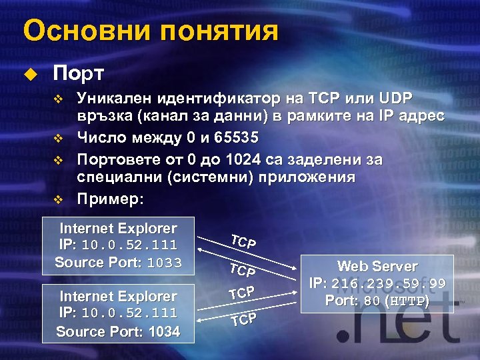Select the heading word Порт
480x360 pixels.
click(x=77, y=72)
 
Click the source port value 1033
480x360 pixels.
click(x=164, y=263)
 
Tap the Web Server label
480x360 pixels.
click(x=377, y=266)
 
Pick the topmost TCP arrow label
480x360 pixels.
click(x=243, y=242)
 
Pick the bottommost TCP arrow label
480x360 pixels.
click(x=243, y=319)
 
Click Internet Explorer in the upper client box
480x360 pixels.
click(x=118, y=228)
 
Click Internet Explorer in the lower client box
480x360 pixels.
click(x=118, y=296)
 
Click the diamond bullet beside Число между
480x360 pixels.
click(x=58, y=139)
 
